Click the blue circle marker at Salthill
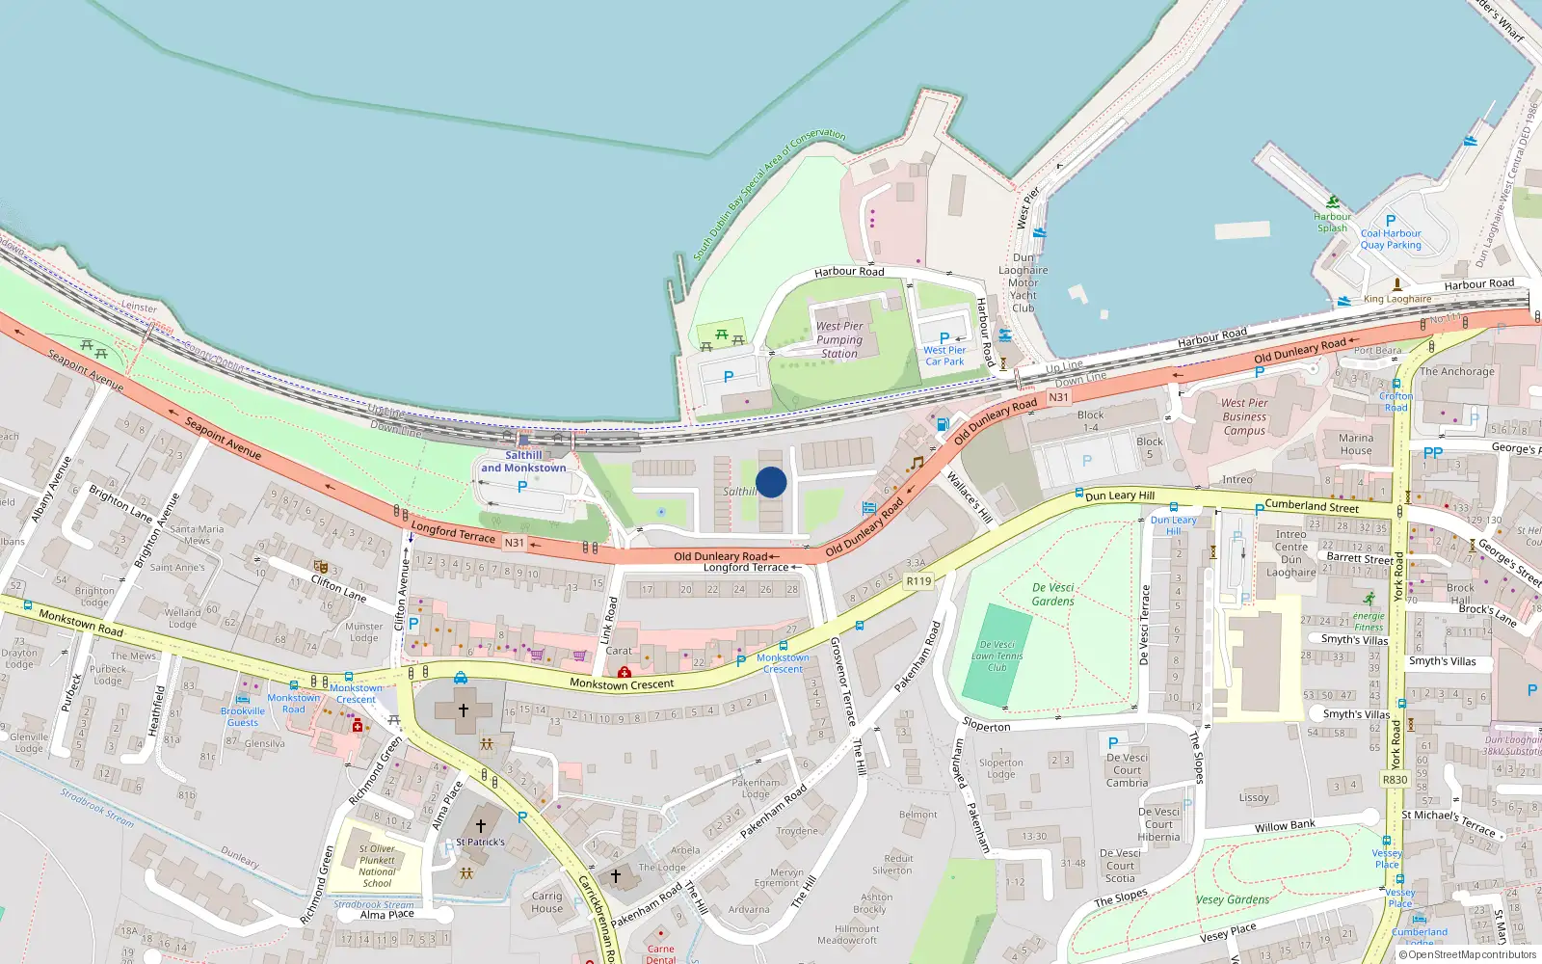click(x=771, y=482)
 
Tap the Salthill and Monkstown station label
click(x=523, y=462)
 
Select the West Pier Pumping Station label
click(x=839, y=340)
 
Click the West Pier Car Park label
click(x=944, y=356)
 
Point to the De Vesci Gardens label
click(x=1052, y=594)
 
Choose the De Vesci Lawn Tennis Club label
click(x=997, y=656)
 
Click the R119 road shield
click(x=918, y=581)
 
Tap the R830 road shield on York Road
click(x=1395, y=780)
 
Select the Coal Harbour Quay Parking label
click(x=1391, y=239)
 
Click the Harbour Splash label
click(x=1332, y=223)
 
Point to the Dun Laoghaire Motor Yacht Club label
click(x=1024, y=282)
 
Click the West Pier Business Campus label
click(x=1244, y=416)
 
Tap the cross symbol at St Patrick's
click(x=481, y=826)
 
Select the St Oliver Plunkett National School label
click(x=377, y=866)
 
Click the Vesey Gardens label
click(x=1233, y=899)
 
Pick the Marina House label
click(x=1355, y=444)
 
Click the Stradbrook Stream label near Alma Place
click(x=374, y=905)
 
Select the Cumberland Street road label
click(x=1312, y=506)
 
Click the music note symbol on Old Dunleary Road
click(x=917, y=463)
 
